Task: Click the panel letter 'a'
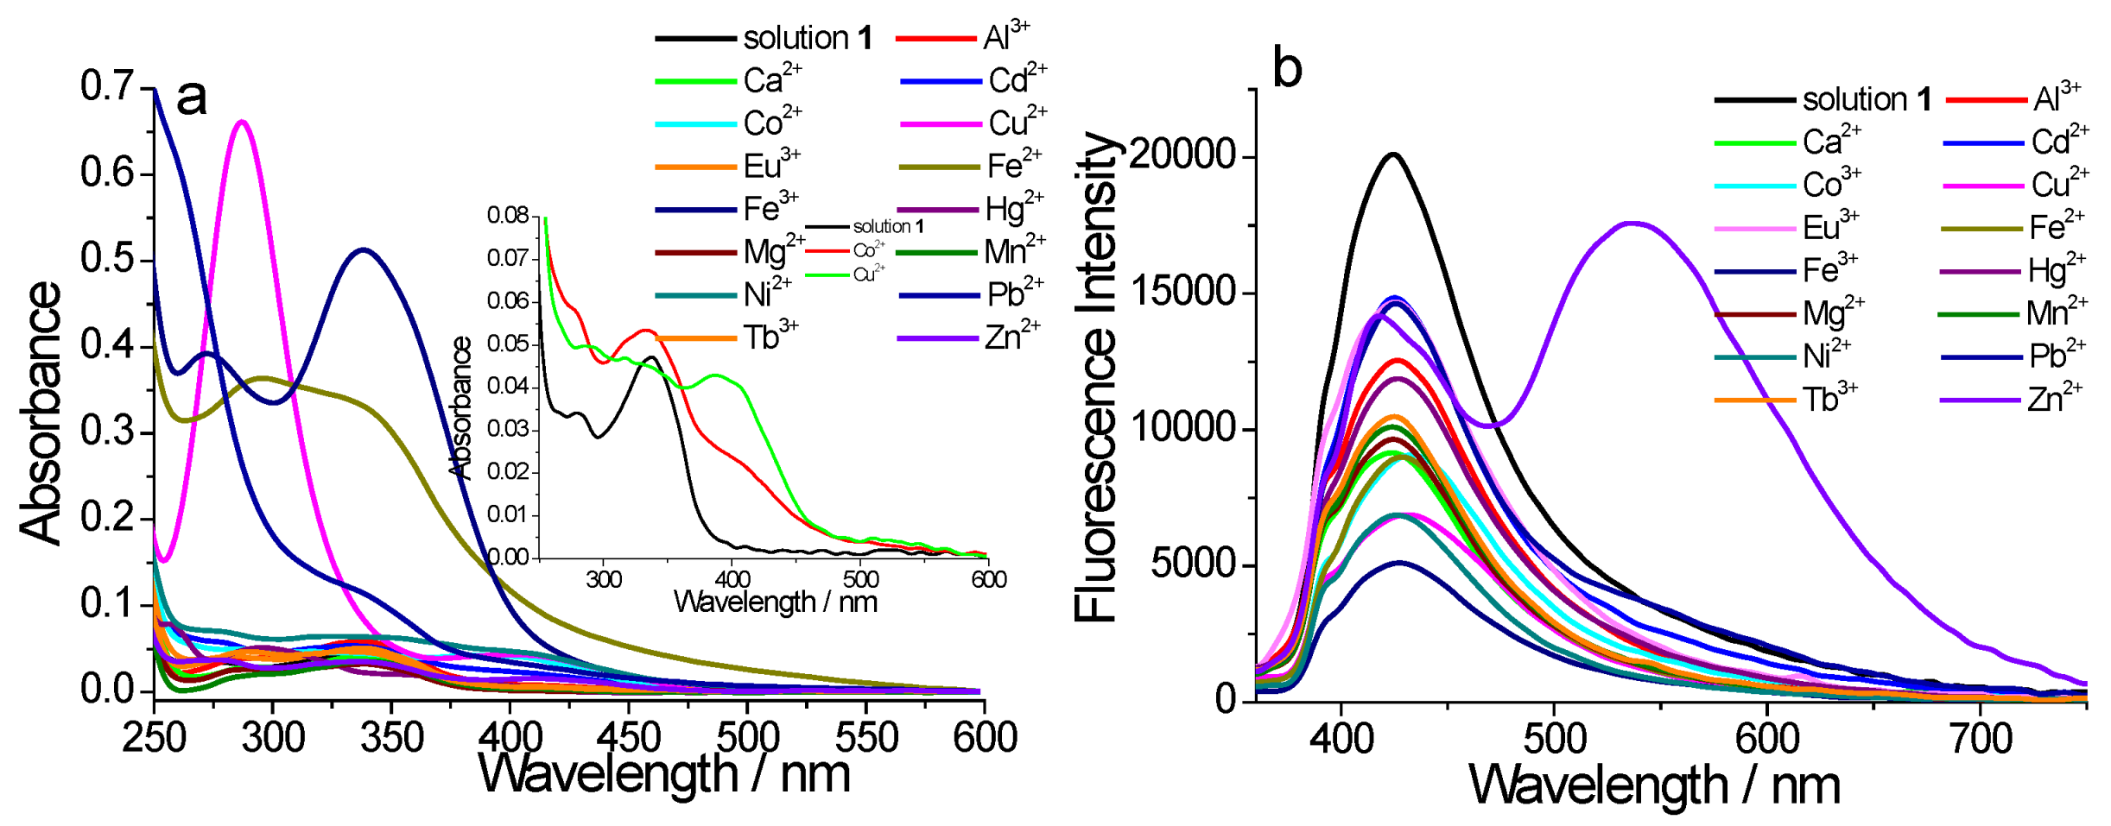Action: point(192,97)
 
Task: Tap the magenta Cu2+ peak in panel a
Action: point(243,122)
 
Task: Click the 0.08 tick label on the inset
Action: point(507,214)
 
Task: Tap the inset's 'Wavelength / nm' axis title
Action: point(775,602)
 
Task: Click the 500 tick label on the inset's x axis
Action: point(860,579)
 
